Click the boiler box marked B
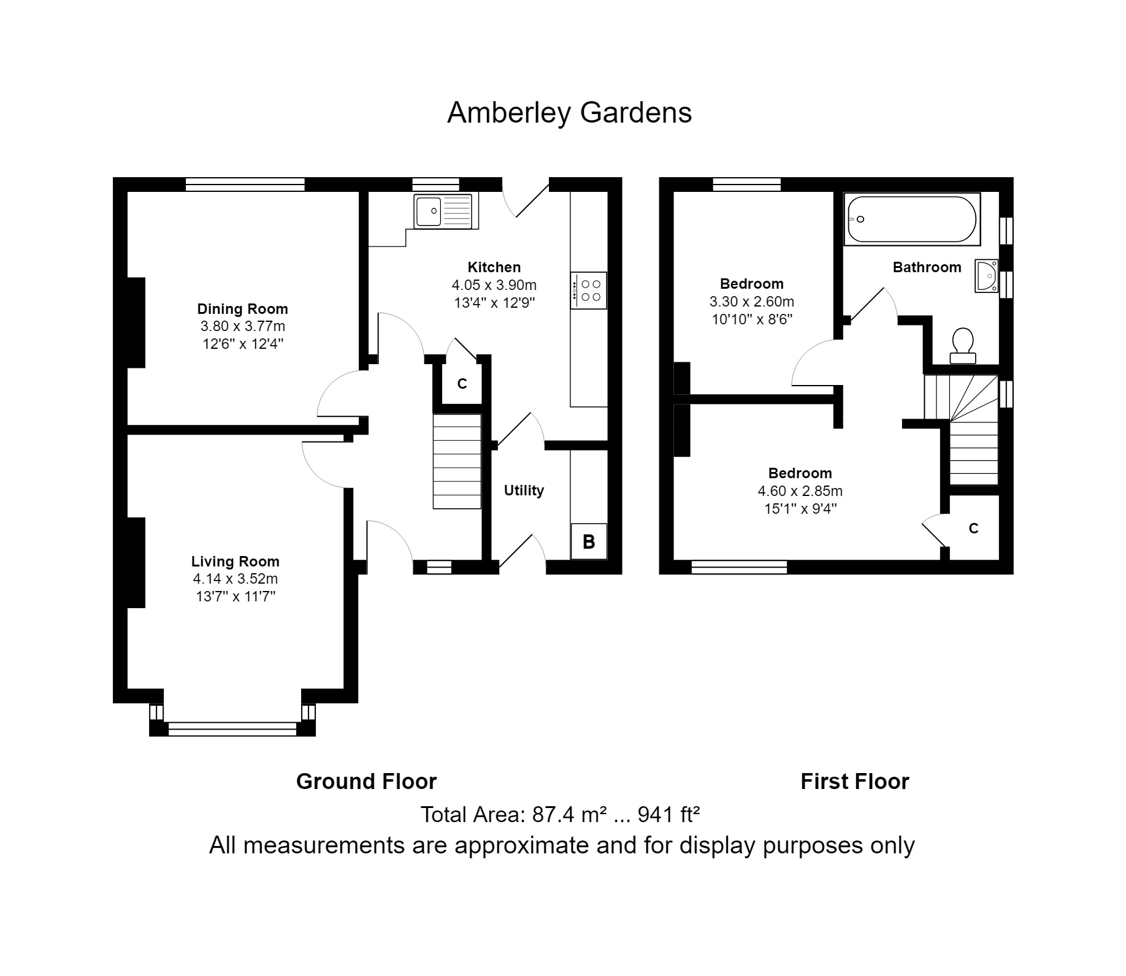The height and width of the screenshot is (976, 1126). (588, 541)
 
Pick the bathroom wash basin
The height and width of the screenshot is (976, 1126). (987, 276)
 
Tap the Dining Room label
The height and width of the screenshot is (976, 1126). (242, 309)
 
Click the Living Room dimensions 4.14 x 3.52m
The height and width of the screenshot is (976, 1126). (236, 579)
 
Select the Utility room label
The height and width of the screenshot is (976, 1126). (524, 490)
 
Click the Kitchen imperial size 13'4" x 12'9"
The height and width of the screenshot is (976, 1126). (494, 303)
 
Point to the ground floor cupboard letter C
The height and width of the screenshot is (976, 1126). (462, 384)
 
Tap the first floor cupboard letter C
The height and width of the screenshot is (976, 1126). (973, 528)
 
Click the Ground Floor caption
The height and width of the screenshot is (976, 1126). (366, 782)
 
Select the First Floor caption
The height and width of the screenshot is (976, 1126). (854, 782)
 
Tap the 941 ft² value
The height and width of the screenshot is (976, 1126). (668, 815)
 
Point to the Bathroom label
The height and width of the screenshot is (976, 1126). (927, 267)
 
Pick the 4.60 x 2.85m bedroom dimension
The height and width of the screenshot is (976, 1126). (800, 491)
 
